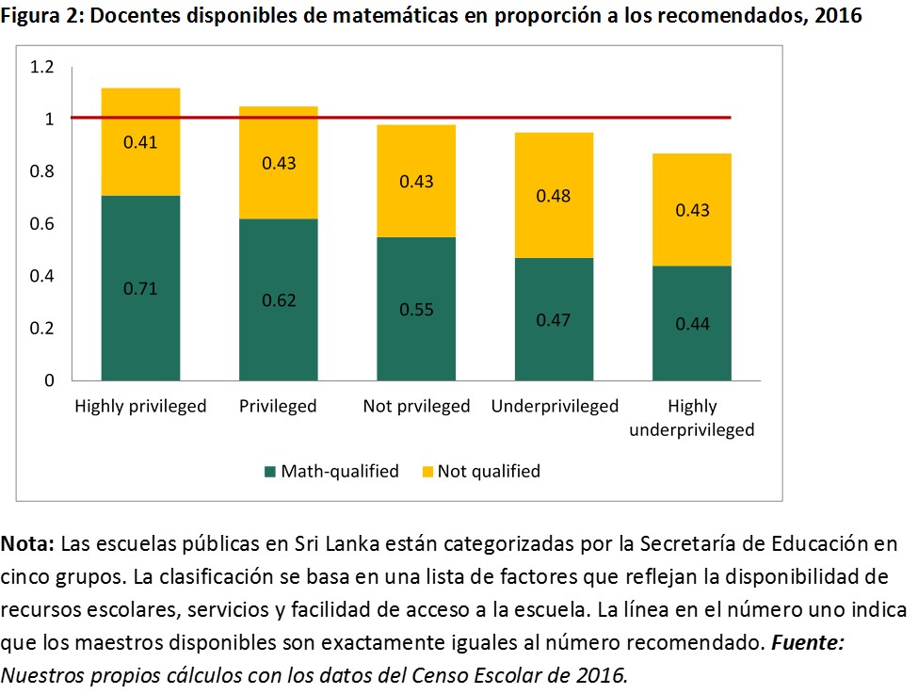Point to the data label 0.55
click(416, 310)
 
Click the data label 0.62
click(279, 300)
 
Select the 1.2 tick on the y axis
click(42, 67)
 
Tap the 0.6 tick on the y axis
click(42, 224)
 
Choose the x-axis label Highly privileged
click(140, 407)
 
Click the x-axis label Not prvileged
click(416, 407)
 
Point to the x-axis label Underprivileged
click(555, 407)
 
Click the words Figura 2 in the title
click(43, 18)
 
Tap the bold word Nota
click(28, 544)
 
